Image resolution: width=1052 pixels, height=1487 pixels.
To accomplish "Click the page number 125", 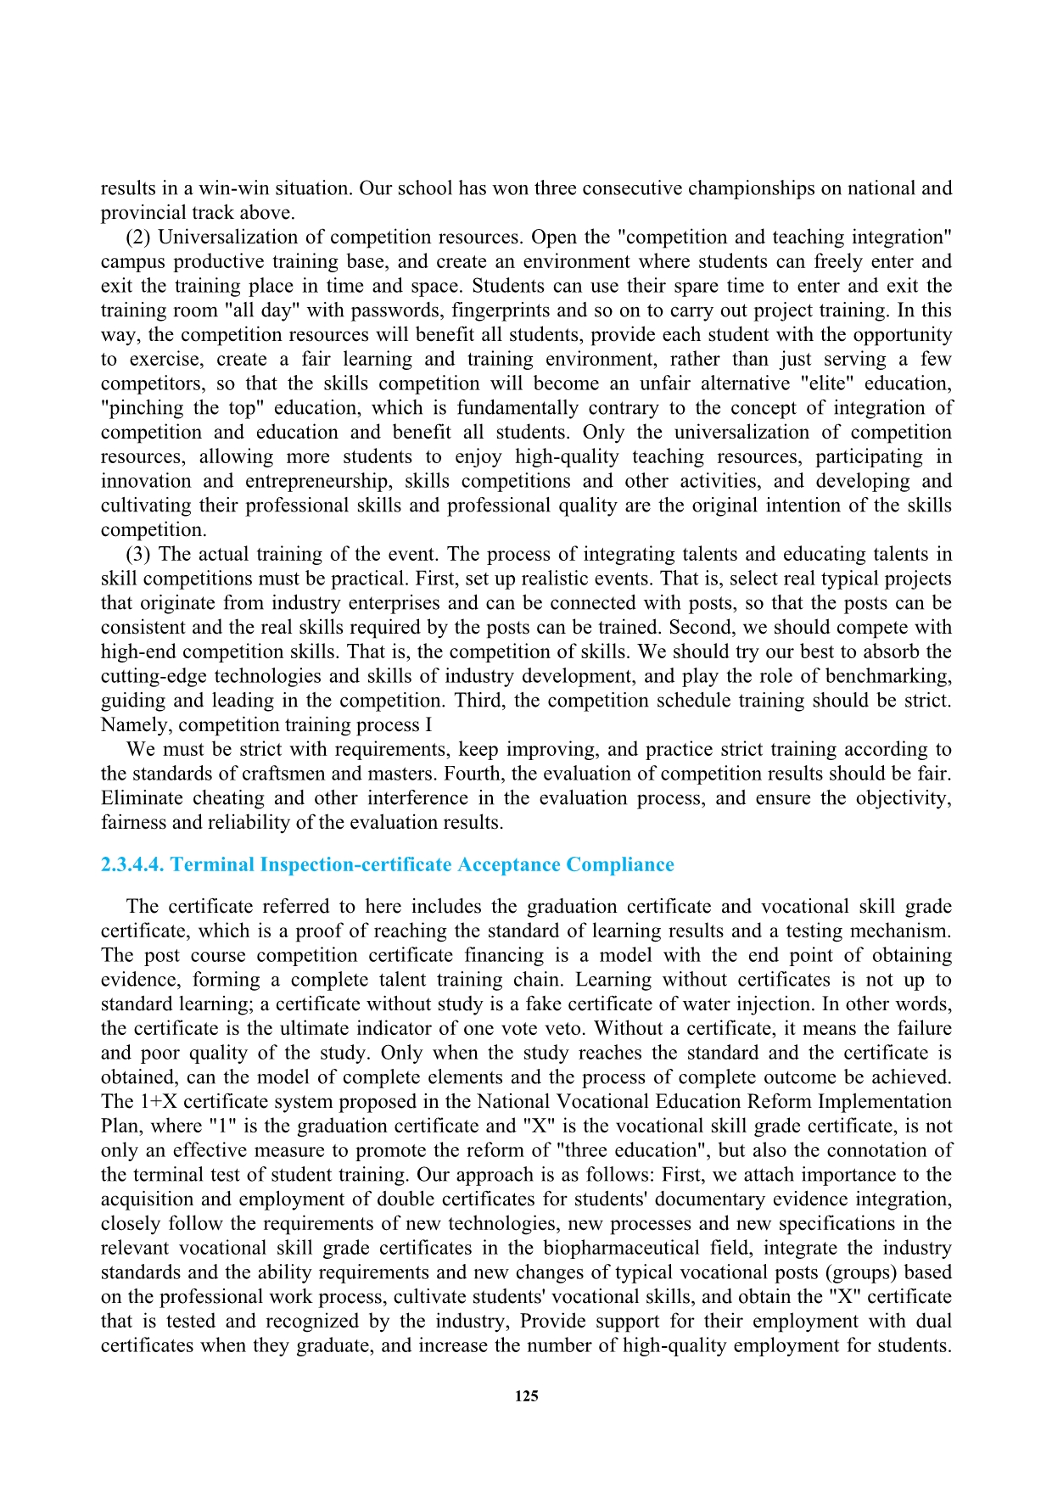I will (x=526, y=1396).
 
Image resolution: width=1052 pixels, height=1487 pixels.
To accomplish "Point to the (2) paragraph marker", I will (x=138, y=237).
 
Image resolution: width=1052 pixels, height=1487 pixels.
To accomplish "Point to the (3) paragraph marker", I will (x=138, y=554).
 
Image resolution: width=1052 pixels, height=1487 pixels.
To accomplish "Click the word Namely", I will (x=137, y=725).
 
